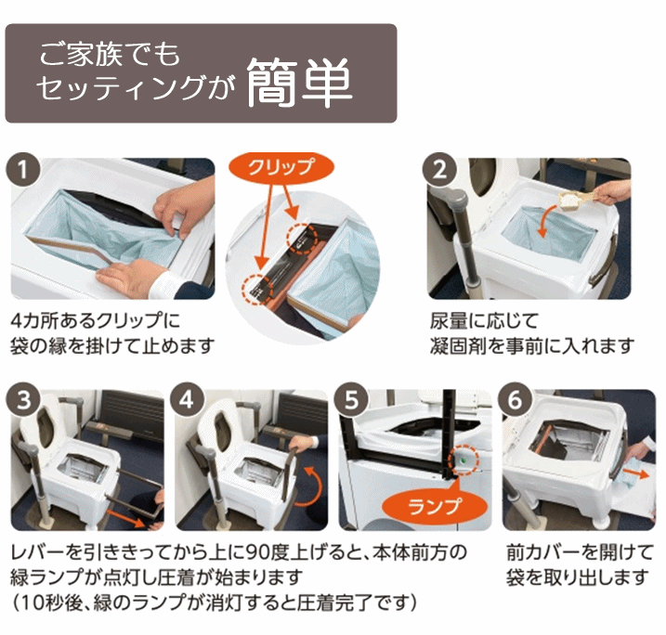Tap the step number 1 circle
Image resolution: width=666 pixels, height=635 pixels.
point(23,170)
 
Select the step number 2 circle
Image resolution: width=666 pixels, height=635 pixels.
point(439,170)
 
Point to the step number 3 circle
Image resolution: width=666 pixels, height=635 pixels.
point(23,400)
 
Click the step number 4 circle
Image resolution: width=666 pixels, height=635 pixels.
point(187,400)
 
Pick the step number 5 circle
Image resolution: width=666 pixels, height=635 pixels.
point(351,400)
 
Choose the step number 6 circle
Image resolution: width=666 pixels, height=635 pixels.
point(516,400)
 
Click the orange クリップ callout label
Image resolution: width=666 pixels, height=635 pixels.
point(281,167)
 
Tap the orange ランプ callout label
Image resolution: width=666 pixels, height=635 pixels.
point(434,506)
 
